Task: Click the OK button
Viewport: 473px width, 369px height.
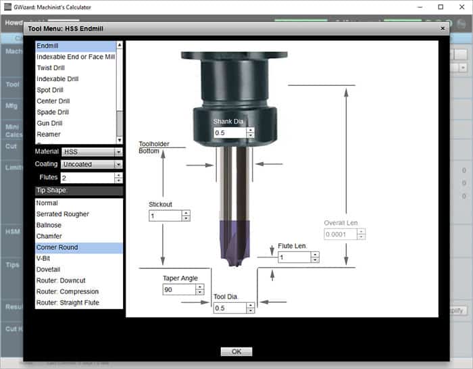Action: point(236,351)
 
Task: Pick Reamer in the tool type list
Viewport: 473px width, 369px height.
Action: point(49,134)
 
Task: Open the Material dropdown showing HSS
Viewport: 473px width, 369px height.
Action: point(91,152)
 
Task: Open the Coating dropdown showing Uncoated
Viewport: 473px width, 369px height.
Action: point(91,164)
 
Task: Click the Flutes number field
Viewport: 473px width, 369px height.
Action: point(86,178)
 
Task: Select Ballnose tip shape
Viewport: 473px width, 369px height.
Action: point(49,225)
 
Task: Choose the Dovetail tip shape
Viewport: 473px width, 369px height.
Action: point(49,269)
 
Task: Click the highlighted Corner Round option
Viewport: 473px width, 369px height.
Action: point(57,247)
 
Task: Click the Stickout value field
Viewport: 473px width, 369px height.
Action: point(165,216)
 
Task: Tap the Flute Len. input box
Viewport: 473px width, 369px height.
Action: point(293,257)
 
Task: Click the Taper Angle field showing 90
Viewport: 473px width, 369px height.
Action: point(178,289)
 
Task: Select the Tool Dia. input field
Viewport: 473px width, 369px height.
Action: point(228,308)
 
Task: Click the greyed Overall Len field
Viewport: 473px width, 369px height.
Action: point(340,234)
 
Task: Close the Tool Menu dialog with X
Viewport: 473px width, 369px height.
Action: point(443,28)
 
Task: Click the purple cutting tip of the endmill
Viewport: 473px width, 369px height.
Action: point(234,240)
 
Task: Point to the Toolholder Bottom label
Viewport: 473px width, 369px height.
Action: point(153,147)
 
